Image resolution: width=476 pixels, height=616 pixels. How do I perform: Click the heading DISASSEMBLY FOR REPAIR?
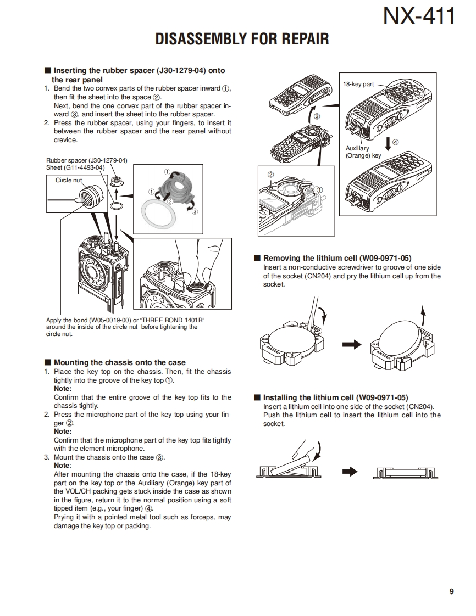[x=242, y=40]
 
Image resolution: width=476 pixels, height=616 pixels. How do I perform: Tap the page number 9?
[x=451, y=591]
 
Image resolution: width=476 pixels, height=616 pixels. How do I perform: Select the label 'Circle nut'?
[x=69, y=180]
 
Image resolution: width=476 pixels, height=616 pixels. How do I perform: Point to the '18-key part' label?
[x=358, y=85]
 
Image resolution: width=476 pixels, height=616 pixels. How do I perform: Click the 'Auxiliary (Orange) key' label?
[x=363, y=152]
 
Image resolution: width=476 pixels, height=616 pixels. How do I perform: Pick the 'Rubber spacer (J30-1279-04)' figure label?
[x=86, y=160]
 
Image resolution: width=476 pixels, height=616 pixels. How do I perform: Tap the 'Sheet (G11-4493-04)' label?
[x=75, y=167]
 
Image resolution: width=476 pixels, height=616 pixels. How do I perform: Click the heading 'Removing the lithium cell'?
[x=337, y=258]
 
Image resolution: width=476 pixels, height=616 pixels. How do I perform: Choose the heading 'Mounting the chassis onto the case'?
[x=119, y=362]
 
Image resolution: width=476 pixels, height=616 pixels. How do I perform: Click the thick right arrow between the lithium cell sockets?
[x=352, y=344]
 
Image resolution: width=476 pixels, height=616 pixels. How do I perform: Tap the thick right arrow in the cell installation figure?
[x=350, y=472]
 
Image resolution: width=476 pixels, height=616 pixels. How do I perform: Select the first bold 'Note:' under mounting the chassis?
[x=63, y=389]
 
